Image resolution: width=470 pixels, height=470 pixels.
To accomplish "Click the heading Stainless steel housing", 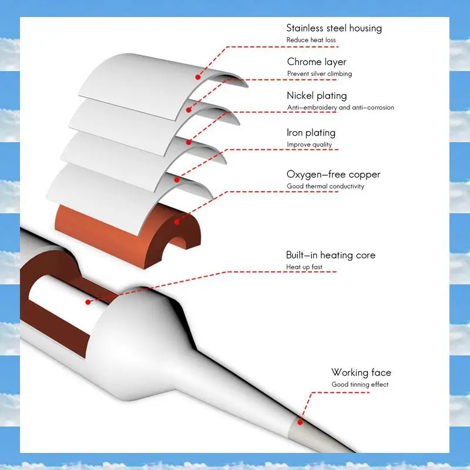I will (334, 28).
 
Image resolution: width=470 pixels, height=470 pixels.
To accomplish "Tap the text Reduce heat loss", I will (311, 40).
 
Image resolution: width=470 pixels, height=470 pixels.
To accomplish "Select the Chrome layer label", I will (317, 62).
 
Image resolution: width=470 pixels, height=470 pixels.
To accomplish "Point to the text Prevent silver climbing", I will (320, 74).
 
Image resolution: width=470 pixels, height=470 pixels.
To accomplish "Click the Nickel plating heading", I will (317, 95).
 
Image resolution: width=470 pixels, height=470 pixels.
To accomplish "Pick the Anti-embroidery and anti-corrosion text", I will (340, 108).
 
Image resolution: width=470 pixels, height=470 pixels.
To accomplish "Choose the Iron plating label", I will (311, 133).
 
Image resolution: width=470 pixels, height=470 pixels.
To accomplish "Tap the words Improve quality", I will (309, 145).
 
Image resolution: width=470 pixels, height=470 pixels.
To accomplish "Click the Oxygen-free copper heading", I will (333, 174).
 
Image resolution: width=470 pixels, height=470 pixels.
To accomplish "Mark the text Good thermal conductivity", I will (325, 186).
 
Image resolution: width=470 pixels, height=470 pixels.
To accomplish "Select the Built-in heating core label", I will (330, 255).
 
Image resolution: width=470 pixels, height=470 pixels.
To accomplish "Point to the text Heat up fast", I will (304, 267).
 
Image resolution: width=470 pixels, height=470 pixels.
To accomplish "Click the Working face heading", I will (361, 372).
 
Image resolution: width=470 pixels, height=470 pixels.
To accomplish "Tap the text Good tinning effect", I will (360, 385).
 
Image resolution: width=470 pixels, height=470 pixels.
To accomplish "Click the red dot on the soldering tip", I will (300, 421).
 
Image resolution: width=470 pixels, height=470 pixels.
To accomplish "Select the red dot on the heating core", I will (88, 302).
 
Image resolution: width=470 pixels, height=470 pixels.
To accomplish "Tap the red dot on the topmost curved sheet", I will (198, 76).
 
